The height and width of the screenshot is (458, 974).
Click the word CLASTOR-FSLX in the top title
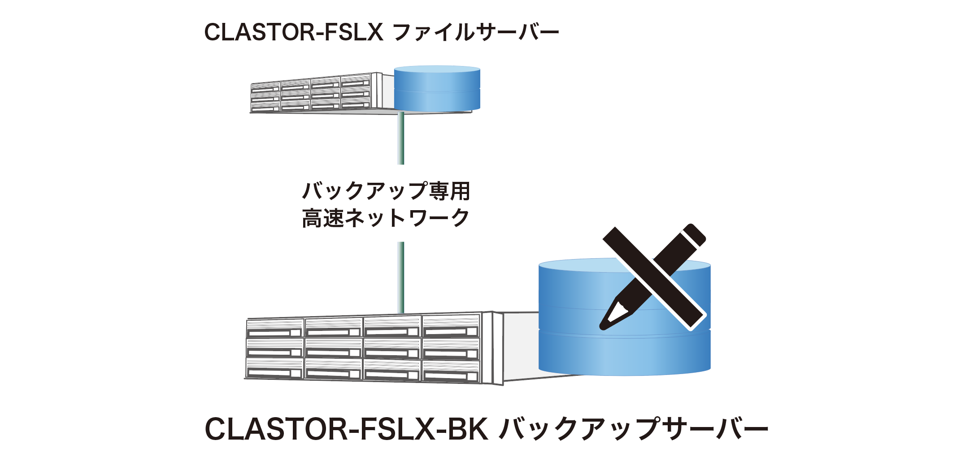(294, 32)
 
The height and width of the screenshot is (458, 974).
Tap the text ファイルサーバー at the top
(475, 32)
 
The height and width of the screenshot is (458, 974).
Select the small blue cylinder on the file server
(437, 89)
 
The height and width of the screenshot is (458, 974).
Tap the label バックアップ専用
(386, 191)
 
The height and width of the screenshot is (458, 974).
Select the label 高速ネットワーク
(386, 218)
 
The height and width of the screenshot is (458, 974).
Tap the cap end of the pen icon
(693, 234)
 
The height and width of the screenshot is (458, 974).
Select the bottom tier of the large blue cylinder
(624, 352)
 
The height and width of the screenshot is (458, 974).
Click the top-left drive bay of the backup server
(275, 327)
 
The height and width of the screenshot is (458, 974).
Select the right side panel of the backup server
(498, 348)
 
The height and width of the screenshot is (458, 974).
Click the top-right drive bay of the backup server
(451, 326)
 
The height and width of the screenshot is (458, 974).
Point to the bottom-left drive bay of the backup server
(275, 369)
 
